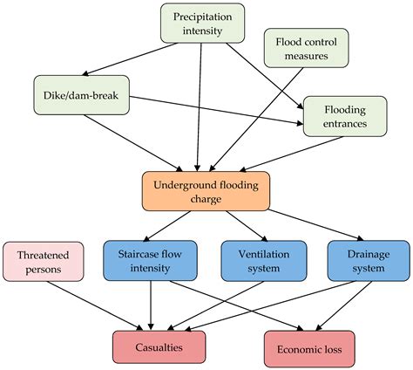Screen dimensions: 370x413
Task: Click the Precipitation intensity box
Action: pyautogui.click(x=200, y=24)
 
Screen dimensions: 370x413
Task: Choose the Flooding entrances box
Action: pyautogui.click(x=344, y=116)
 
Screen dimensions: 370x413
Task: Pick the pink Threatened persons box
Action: pyautogui.click(x=44, y=261)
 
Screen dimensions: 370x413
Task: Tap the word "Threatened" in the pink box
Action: pyautogui.click(x=44, y=253)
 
